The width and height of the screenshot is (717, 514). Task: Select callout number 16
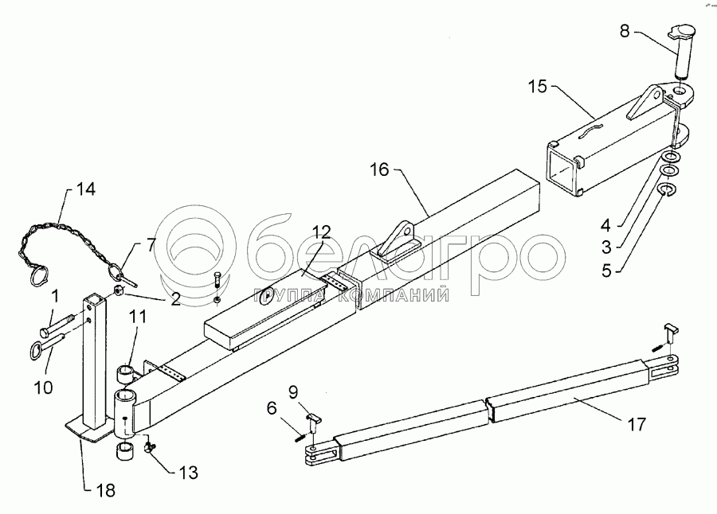(381, 169)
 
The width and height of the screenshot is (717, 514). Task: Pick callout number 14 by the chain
(84, 190)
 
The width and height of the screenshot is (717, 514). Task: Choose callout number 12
(320, 232)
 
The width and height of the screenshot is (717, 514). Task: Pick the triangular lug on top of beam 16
(396, 239)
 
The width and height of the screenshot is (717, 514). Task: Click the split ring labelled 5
(667, 189)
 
